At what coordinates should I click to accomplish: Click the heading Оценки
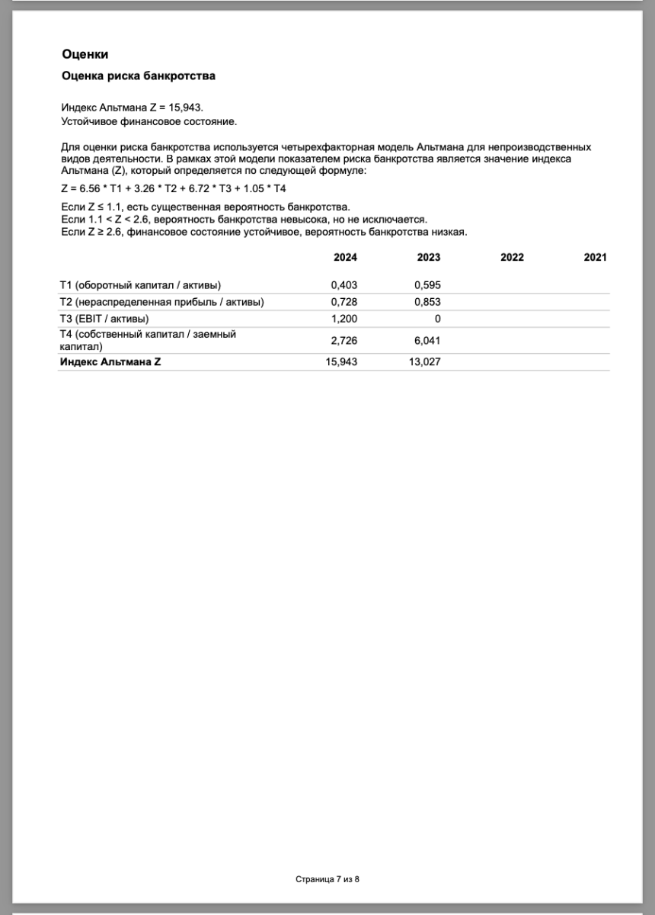[x=85, y=54]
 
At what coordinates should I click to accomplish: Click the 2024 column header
[x=345, y=258]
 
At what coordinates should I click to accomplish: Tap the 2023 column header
[x=429, y=258]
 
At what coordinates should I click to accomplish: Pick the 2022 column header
[x=512, y=258]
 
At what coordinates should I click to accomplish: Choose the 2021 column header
[x=595, y=258]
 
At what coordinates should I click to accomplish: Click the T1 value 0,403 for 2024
[x=343, y=285]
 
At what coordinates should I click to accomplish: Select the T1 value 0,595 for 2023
[x=427, y=285]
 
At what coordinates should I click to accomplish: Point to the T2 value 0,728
[x=343, y=302]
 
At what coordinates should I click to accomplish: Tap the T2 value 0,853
[x=427, y=302]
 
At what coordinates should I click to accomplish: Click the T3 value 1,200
[x=343, y=319]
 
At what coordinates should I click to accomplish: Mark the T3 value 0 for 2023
[x=437, y=319]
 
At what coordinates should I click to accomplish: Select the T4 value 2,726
[x=343, y=340]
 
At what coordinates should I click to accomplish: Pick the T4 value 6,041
[x=427, y=340]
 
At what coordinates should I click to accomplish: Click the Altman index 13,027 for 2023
[x=424, y=362]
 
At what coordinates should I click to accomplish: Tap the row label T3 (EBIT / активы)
[x=104, y=319]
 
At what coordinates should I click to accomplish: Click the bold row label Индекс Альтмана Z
[x=110, y=362]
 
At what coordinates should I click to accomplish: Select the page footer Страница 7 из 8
[x=327, y=879]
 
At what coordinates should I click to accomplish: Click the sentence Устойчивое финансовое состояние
[x=149, y=121]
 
